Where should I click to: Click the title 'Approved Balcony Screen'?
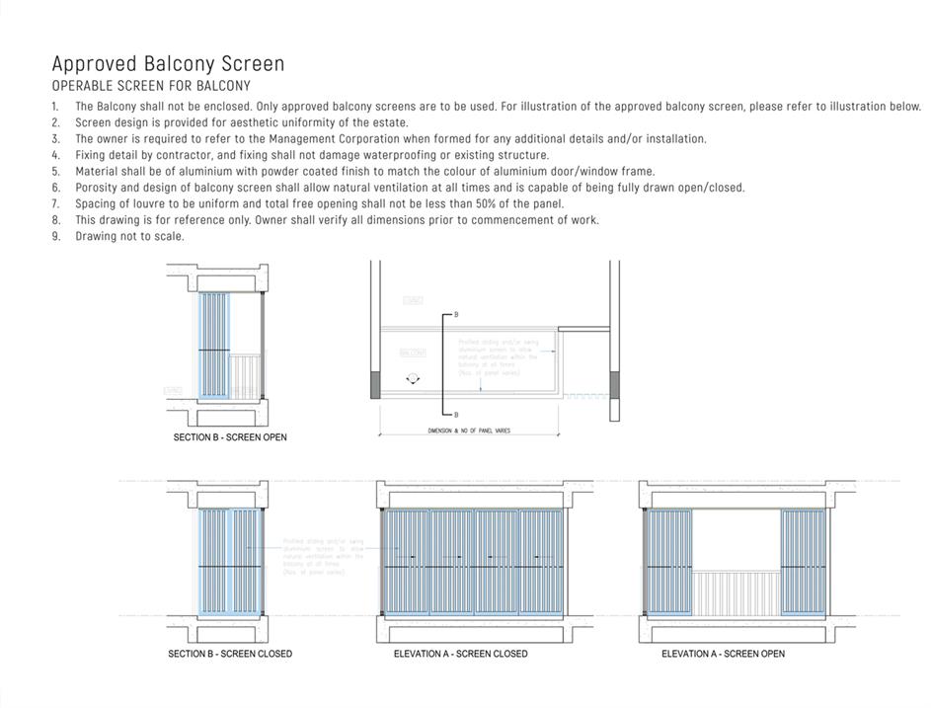[x=168, y=64]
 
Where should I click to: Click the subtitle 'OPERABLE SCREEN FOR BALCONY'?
[x=151, y=87]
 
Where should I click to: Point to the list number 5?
[x=55, y=172]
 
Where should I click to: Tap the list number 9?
[x=55, y=237]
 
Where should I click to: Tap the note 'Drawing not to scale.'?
[x=129, y=237]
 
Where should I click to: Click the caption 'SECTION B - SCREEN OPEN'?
[x=230, y=437]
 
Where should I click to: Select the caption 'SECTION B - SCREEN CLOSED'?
[x=230, y=654]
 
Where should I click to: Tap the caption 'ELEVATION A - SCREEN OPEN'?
[x=723, y=654]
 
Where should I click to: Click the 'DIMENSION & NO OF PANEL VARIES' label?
[x=469, y=432]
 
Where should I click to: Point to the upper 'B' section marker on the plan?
[x=456, y=315]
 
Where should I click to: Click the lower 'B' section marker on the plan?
[x=456, y=416]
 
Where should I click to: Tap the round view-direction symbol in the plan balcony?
[x=412, y=379]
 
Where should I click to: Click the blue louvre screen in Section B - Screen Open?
[x=214, y=346]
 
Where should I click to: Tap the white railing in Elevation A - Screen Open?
[x=735, y=592]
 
